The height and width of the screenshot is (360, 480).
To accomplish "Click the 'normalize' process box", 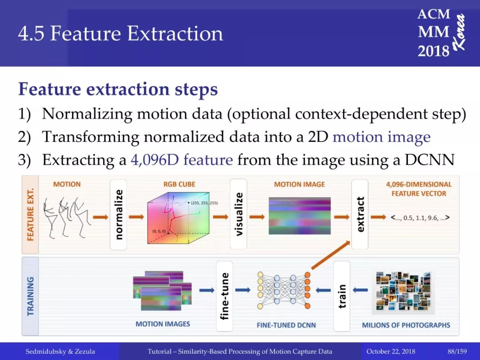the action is click(118, 214).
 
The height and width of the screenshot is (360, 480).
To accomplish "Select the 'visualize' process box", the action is click(239, 214).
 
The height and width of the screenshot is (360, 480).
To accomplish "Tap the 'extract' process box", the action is click(360, 214).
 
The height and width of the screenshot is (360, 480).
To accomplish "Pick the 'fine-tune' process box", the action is click(224, 296).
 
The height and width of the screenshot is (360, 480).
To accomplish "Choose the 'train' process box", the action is click(342, 296).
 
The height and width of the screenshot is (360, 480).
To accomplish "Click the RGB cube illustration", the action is click(178, 218).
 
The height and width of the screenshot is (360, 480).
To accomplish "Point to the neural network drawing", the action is click(284, 290).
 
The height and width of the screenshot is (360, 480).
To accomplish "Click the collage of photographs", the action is click(403, 292).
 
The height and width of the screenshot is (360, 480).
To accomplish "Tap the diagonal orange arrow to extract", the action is click(331, 255).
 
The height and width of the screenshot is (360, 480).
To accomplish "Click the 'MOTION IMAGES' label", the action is click(163, 324).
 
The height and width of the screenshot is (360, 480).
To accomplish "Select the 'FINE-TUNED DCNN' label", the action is click(286, 325).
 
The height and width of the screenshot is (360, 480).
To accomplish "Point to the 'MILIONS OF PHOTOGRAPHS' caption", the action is click(406, 325).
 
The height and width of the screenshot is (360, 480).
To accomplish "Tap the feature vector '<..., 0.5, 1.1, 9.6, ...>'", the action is click(420, 218).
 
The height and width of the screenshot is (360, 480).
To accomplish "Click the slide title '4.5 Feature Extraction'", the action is click(120, 33).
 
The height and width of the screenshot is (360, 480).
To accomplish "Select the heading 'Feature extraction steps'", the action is click(118, 89).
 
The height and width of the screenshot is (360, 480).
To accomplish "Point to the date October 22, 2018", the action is click(391, 352).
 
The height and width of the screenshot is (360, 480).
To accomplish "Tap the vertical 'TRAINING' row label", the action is click(30, 296).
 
